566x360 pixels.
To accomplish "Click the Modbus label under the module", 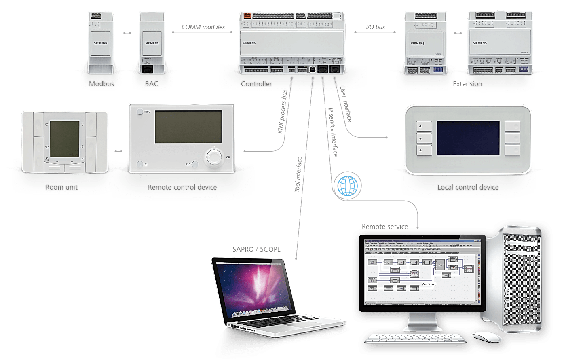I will point(101,85).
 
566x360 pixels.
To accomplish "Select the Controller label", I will point(256,84).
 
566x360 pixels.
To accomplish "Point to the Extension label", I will point(467,84).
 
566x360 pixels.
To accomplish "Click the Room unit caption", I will point(61,187).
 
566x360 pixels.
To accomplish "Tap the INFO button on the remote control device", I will point(140,112).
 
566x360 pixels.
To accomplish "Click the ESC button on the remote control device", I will point(195,165).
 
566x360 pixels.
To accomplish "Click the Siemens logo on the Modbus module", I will point(101,43).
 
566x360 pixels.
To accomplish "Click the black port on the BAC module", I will point(148,69).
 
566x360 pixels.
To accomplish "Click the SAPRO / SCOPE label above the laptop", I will point(256,249).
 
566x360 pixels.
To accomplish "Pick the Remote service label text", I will point(385,227).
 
